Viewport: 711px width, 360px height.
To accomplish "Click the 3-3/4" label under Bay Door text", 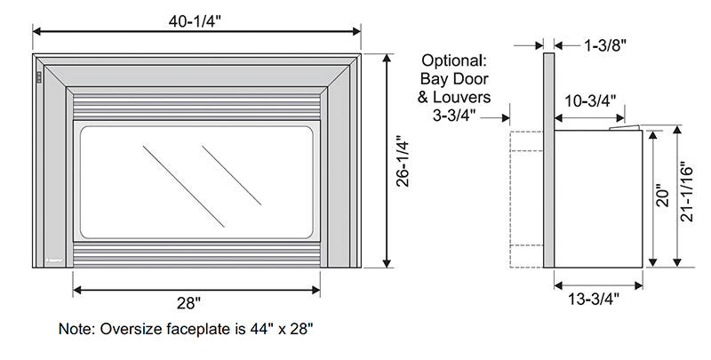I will coord(453,115).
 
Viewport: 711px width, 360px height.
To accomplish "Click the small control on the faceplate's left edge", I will coord(38,78).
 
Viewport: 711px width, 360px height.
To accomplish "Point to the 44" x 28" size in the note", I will coord(277,329).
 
